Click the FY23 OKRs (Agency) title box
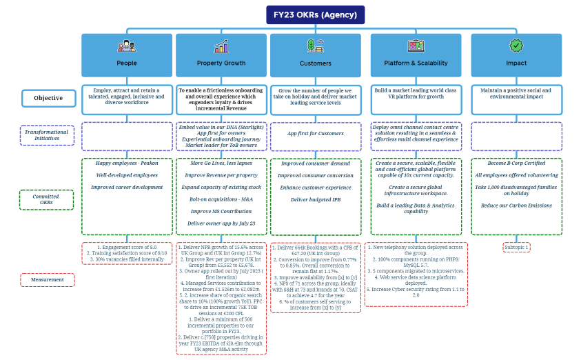point(315,14)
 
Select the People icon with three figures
point(127,46)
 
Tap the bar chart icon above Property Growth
point(221,47)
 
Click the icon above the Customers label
point(315,46)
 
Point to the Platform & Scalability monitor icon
point(416,46)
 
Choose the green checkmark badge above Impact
point(516,46)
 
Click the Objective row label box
point(48,98)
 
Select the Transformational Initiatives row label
point(47,134)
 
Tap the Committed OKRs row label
point(47,199)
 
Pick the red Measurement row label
point(47,279)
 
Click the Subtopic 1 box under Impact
point(516,247)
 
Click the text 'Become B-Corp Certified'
point(516,164)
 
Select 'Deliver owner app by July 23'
point(221,223)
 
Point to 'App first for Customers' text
point(315,133)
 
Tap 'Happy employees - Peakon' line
point(127,163)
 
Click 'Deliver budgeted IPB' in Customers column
point(315,199)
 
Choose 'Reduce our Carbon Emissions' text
point(516,206)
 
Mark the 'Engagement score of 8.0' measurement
point(127,247)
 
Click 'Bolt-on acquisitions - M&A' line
point(221,199)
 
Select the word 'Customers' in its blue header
point(315,63)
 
